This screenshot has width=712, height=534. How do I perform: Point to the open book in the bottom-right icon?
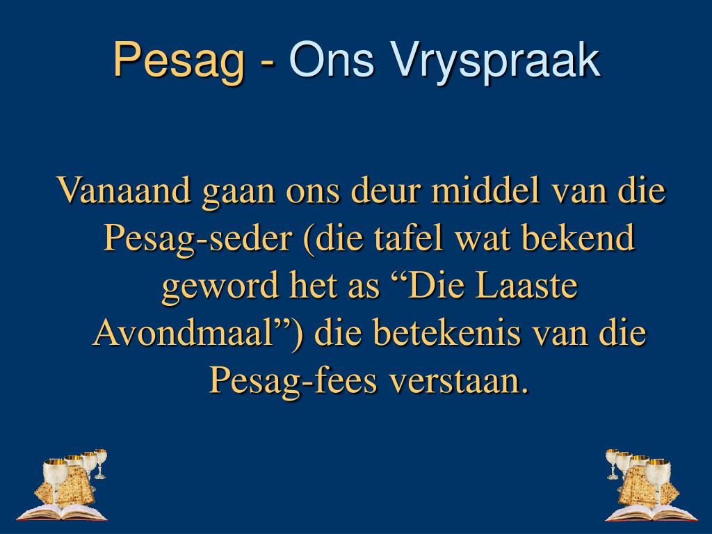(650, 513)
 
